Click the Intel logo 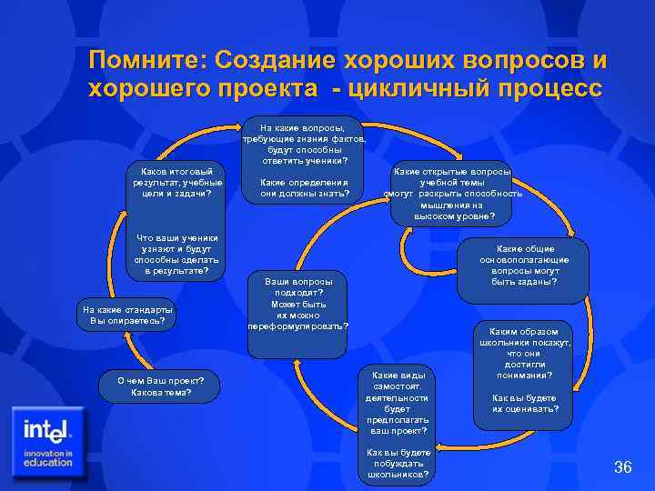(50, 429)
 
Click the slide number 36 (623, 467)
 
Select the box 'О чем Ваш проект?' (161, 386)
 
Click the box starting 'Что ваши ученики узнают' (173, 254)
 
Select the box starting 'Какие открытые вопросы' (452, 194)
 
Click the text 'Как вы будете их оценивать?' (525, 404)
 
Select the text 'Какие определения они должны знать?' (304, 186)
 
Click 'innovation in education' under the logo (48, 457)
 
